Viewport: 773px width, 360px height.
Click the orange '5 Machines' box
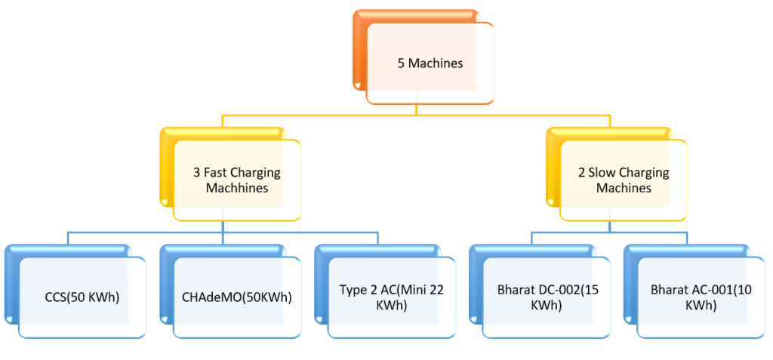[x=430, y=63]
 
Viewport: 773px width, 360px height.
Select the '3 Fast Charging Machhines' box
[x=236, y=180]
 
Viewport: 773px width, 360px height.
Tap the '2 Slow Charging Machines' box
[x=623, y=180]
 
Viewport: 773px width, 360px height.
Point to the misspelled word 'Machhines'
[x=237, y=188]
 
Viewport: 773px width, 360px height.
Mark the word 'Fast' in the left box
[x=216, y=172]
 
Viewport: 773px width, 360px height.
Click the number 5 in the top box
[x=401, y=63]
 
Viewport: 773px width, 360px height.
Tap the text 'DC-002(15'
[x=564, y=289]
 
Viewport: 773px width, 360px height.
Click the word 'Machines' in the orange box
[x=436, y=63]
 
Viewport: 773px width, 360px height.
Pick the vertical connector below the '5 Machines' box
[x=417, y=110]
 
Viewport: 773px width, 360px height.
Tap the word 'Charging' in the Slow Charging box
[x=643, y=172]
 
